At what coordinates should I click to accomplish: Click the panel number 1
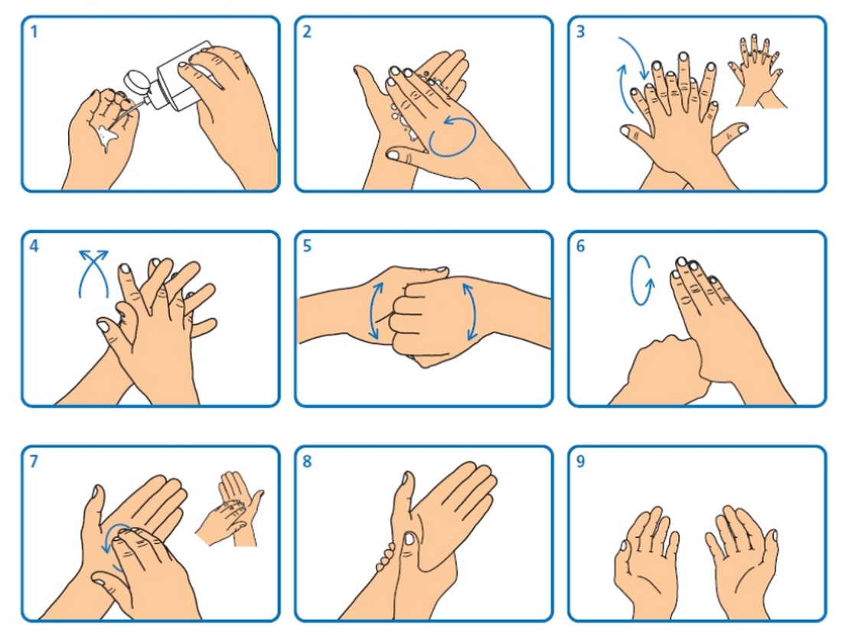pyautogui.click(x=34, y=32)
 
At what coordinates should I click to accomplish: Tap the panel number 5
pyautogui.click(x=307, y=247)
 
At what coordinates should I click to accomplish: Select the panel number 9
pyautogui.click(x=580, y=461)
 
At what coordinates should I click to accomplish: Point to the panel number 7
pyautogui.click(x=34, y=461)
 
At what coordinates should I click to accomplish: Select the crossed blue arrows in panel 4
pyautogui.click(x=93, y=273)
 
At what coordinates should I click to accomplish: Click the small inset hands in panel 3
pyautogui.click(x=757, y=71)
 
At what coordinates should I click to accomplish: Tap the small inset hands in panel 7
pyautogui.click(x=230, y=509)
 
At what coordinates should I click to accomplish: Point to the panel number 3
pyautogui.click(x=580, y=32)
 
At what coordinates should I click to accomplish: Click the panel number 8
pyautogui.click(x=307, y=461)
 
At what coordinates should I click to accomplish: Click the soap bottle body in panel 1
pyautogui.click(x=186, y=74)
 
